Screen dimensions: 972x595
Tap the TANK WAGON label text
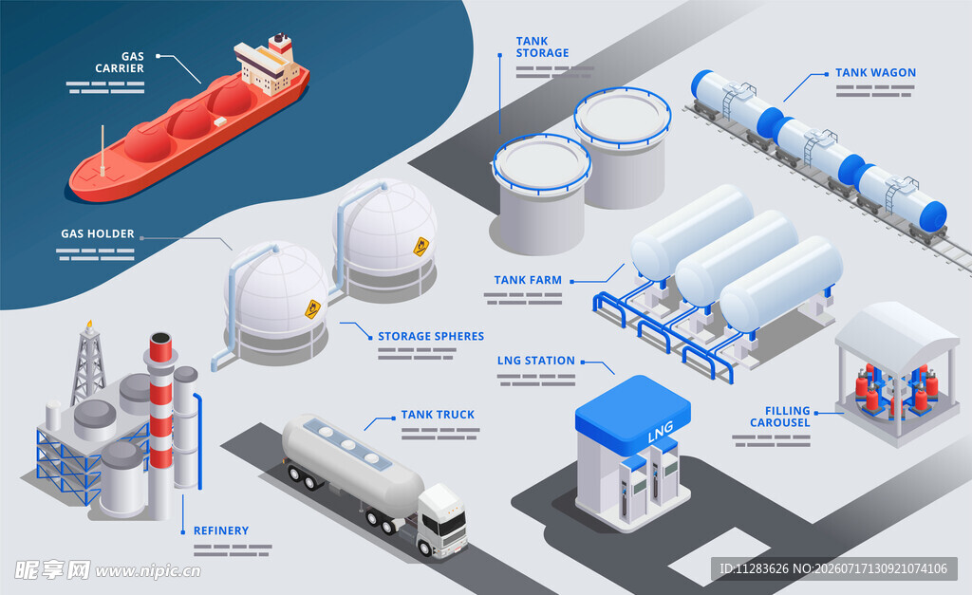875,72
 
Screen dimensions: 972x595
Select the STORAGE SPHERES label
431,336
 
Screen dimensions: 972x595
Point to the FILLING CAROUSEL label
780,417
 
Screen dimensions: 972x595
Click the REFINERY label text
220,530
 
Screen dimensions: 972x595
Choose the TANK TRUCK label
438,414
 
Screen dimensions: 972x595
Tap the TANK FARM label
528,280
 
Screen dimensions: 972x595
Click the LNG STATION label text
535,360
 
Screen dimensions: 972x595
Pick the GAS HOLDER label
98,233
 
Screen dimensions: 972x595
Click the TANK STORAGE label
542,47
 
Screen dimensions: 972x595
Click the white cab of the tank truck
442,519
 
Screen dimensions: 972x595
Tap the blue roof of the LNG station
633,412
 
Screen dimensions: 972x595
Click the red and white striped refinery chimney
160,421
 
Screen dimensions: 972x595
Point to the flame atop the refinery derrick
89,325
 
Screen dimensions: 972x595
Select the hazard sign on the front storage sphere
313,308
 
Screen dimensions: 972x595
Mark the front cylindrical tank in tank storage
540,194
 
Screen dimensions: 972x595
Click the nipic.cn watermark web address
147,571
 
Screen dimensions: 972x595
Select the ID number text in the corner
833,568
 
